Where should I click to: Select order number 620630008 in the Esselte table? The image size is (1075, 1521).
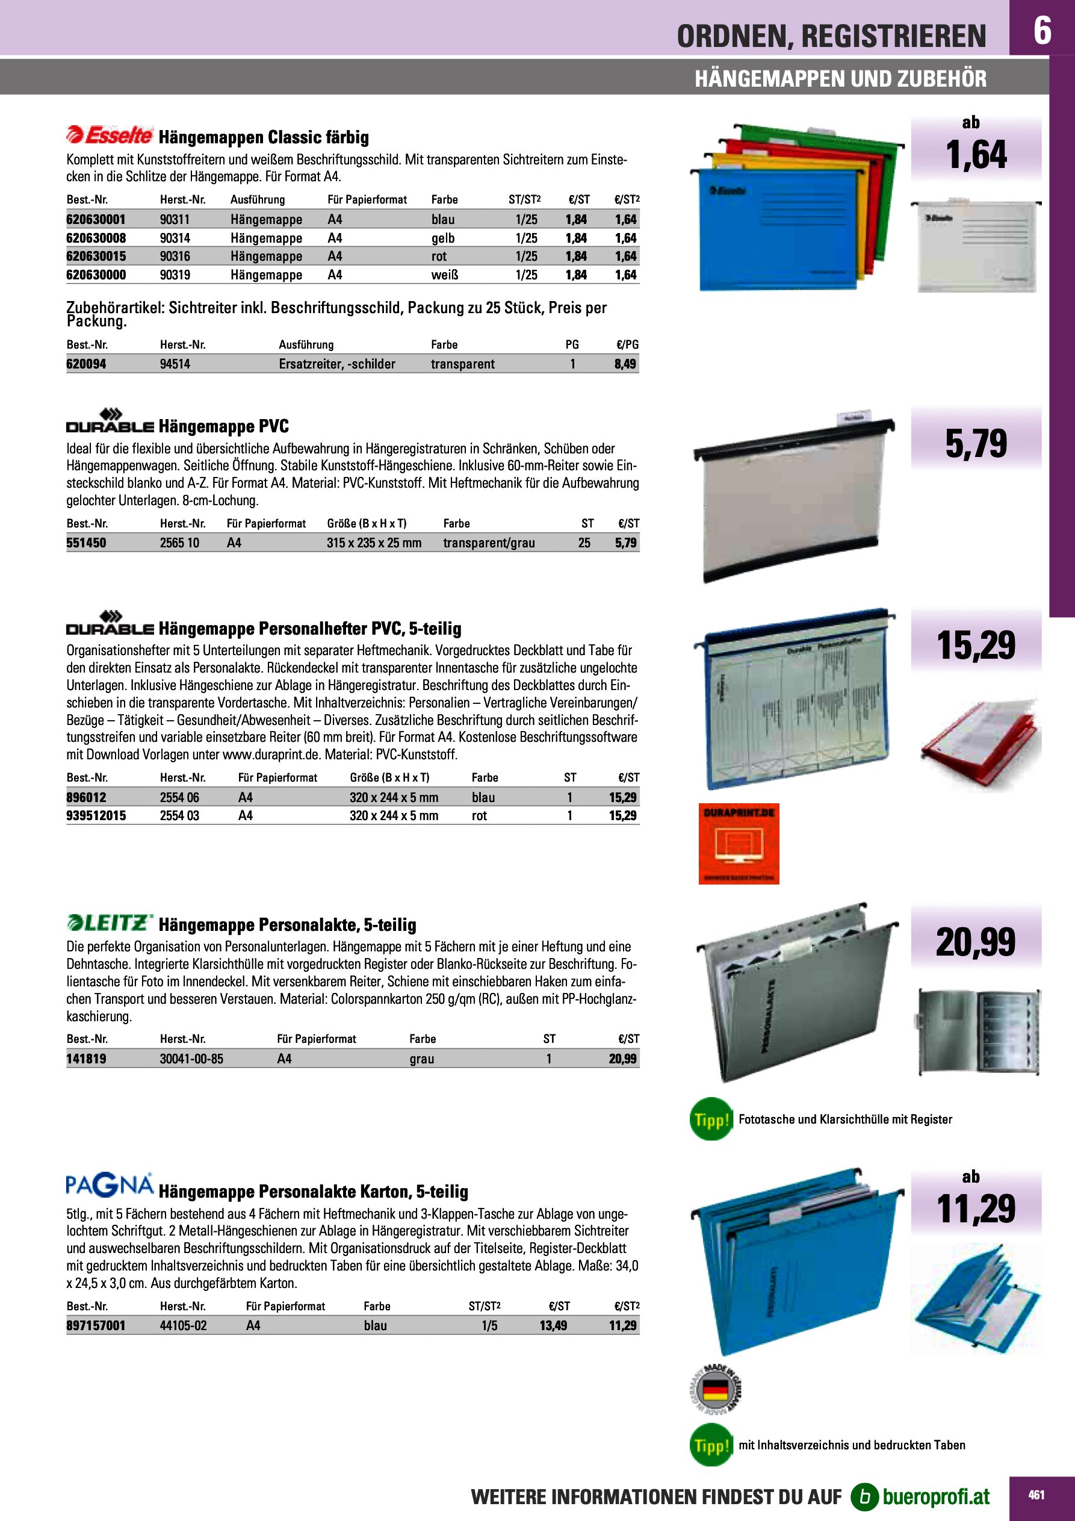(96, 238)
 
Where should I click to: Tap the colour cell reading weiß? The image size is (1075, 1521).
(444, 275)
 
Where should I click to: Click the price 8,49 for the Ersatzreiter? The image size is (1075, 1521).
(625, 364)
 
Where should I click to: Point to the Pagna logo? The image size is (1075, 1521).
(110, 1185)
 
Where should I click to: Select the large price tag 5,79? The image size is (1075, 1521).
(976, 443)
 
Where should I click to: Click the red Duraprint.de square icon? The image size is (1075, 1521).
(739, 844)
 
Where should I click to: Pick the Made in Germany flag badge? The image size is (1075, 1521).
(715, 1389)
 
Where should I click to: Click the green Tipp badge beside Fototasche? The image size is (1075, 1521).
(711, 1119)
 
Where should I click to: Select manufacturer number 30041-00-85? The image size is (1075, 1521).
(191, 1059)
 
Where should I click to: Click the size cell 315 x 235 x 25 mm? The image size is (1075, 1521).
(374, 543)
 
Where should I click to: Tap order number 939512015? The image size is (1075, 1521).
(96, 815)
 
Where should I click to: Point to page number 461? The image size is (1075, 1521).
(1036, 1495)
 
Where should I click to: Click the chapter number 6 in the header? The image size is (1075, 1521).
(1042, 31)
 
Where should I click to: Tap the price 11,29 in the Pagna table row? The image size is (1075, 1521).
(622, 1325)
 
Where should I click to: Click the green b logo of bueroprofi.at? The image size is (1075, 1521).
(864, 1496)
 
